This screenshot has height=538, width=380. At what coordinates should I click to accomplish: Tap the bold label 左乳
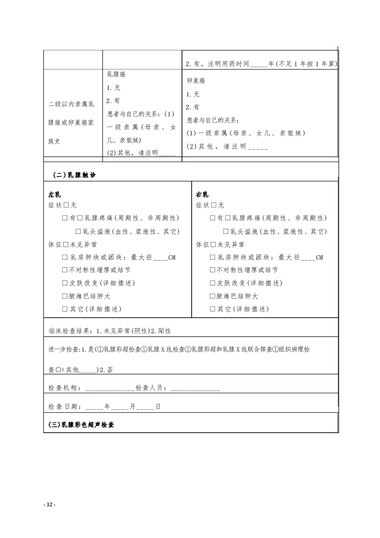(x=54, y=195)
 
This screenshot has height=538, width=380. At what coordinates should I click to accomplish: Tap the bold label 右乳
(x=202, y=195)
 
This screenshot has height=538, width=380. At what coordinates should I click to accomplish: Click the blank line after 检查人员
(x=195, y=388)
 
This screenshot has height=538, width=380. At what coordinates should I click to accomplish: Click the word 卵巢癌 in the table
(x=196, y=82)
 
